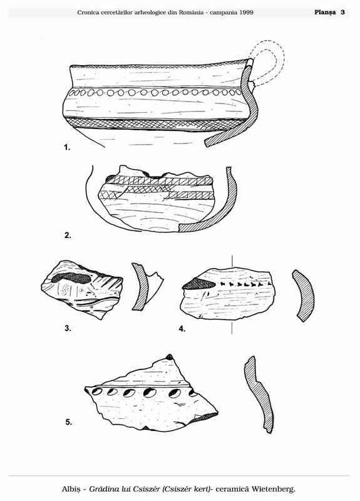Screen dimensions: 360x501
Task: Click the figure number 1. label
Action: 67,147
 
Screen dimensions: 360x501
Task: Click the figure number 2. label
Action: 68,235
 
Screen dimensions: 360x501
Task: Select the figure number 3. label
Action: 68,328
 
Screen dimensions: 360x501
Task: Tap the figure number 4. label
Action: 182,329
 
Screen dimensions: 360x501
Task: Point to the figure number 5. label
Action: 69,422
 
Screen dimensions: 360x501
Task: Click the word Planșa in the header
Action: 325,13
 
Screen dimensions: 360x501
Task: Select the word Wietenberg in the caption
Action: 273,489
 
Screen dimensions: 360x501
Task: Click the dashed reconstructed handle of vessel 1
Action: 274,51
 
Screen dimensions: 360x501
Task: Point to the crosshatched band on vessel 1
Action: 153,124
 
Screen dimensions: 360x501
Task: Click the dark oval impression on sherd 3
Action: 71,278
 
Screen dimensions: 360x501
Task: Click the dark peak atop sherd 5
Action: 170,357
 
